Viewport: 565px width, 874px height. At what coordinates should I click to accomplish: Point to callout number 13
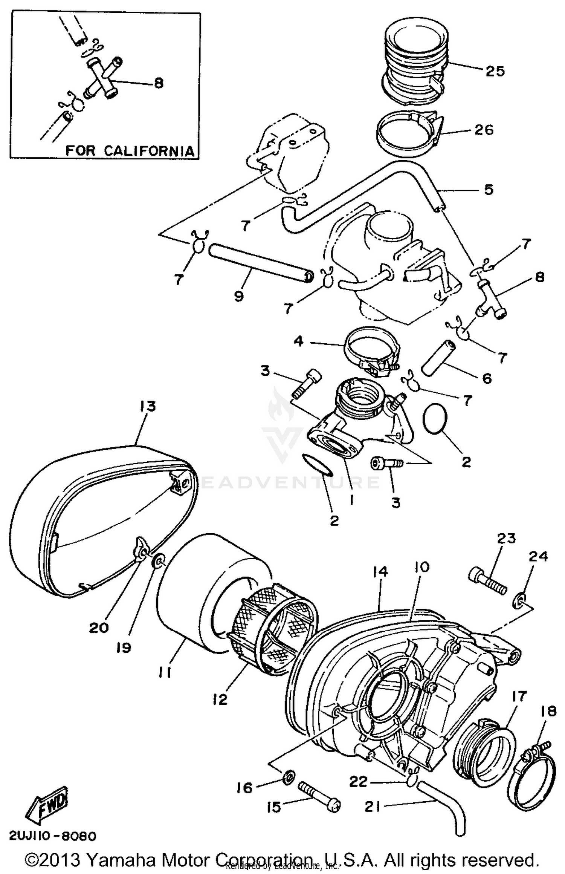(147, 406)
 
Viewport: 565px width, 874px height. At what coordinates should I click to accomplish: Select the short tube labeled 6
(437, 359)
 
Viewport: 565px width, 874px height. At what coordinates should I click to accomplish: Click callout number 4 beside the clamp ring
(298, 341)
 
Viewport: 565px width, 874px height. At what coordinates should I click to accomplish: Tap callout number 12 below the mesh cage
(220, 700)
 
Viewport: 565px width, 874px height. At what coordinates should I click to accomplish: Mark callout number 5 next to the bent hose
(489, 190)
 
